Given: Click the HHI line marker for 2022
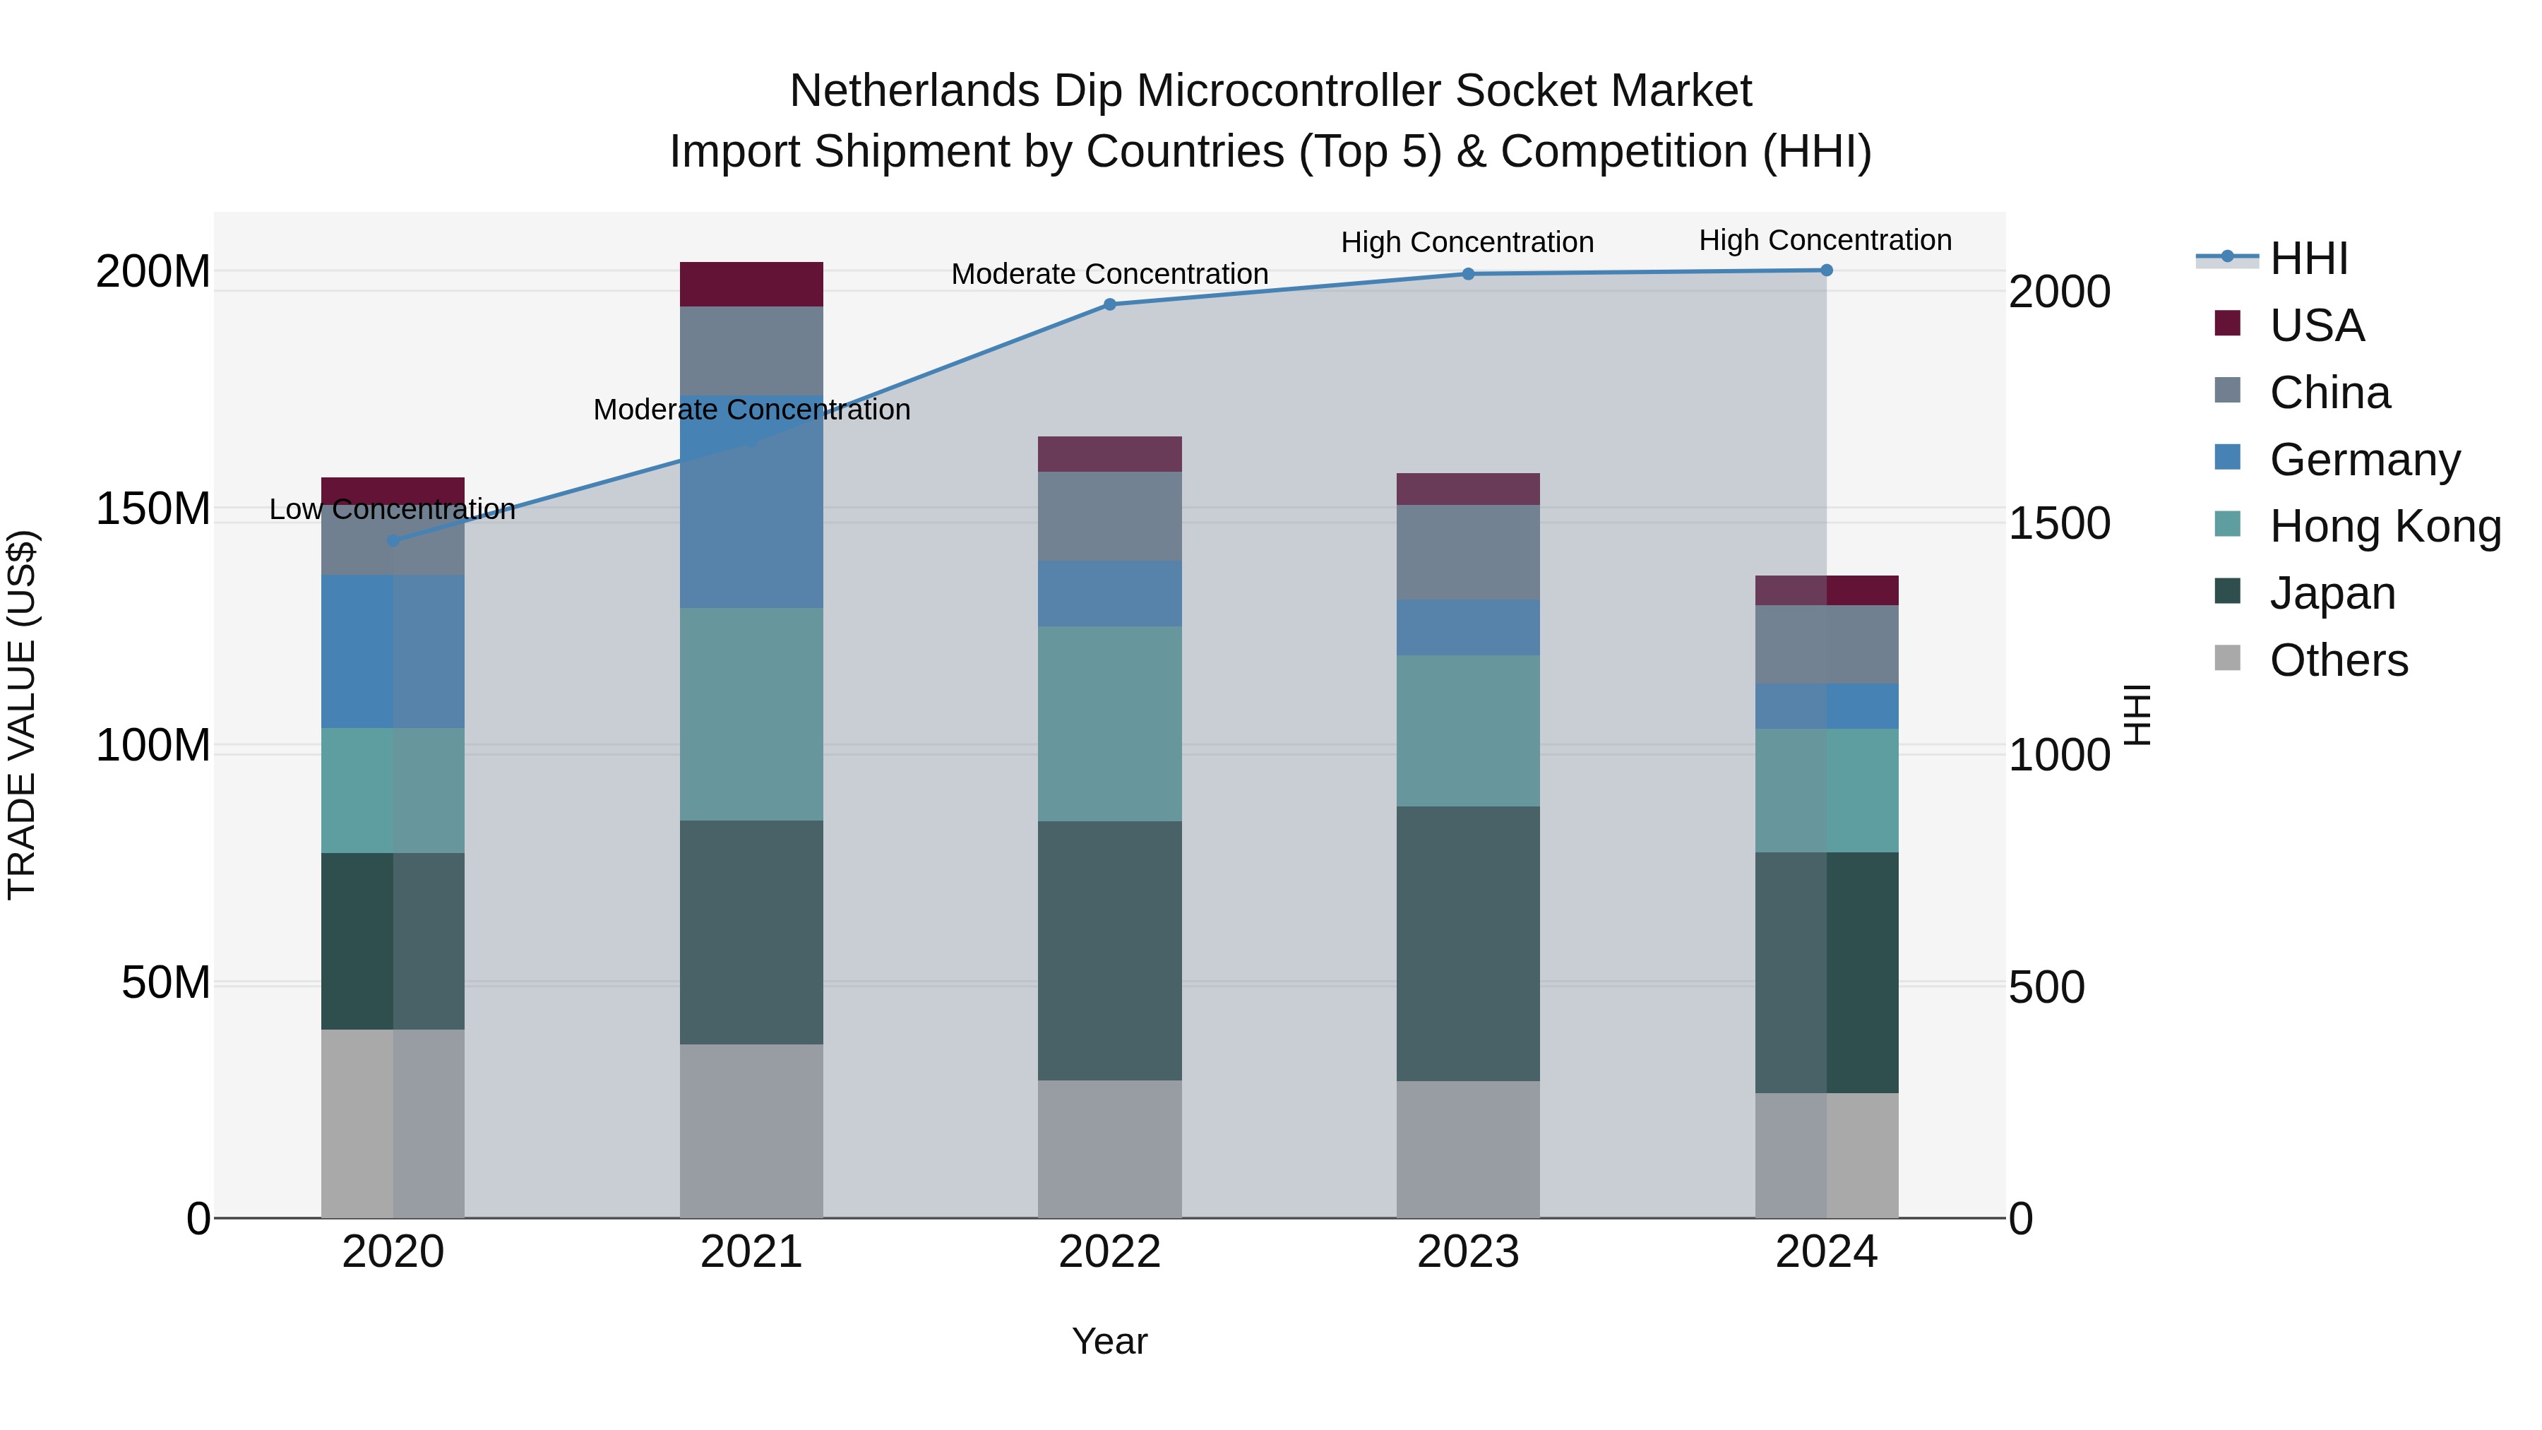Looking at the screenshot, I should click(x=1109, y=304).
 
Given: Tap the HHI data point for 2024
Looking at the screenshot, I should click(x=1825, y=270).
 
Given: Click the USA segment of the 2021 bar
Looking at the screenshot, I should click(x=751, y=284).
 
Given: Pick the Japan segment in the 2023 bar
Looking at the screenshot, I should click(x=1467, y=943).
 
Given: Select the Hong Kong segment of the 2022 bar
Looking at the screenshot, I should click(x=1109, y=723).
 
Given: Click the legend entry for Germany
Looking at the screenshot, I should click(x=2363, y=459).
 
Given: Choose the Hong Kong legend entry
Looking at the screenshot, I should click(x=2383, y=526).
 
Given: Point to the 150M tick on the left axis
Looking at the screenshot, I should click(x=153, y=509).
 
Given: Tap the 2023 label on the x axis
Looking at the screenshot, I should click(x=1467, y=1252).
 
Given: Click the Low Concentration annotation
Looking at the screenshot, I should click(x=393, y=509).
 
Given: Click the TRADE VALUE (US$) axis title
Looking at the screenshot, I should click(x=22, y=715).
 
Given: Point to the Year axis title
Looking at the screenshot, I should click(x=1109, y=1341).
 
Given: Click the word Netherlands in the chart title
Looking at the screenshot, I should click(x=914, y=91).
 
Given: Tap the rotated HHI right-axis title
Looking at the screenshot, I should click(x=2137, y=715).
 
